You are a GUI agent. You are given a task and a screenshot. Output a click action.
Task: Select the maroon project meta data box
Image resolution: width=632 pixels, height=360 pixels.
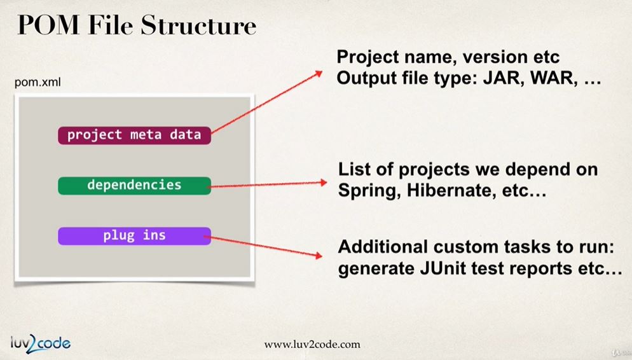pos(134,135)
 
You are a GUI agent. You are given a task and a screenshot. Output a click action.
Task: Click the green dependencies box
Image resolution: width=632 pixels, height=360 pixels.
pos(134,185)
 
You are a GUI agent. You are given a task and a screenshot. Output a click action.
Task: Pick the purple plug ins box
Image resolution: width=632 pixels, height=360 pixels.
pos(134,235)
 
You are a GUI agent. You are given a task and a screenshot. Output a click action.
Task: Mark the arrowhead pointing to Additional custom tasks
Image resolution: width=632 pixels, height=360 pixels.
pos(318,255)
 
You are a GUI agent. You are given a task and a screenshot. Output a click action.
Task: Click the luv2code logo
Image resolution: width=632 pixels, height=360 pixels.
pos(40,342)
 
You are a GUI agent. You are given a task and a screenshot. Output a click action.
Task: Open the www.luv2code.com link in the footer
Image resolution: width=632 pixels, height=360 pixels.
pos(312,345)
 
